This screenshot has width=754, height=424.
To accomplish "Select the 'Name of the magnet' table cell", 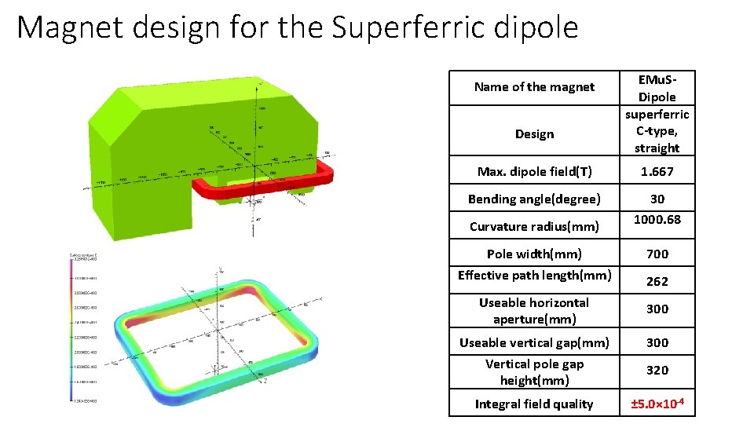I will [x=534, y=87].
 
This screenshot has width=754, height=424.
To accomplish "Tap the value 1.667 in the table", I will [x=657, y=172].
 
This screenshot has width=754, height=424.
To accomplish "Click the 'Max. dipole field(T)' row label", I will [x=534, y=172].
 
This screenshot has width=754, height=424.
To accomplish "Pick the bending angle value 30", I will [x=657, y=199].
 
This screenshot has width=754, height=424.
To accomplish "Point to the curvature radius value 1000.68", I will [x=657, y=220].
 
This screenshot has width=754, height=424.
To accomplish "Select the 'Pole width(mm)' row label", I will [x=534, y=254].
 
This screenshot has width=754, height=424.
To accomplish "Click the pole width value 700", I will [x=657, y=254].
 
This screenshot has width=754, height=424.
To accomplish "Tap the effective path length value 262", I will [x=657, y=280].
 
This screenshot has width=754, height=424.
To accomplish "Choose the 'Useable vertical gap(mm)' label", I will [x=534, y=342].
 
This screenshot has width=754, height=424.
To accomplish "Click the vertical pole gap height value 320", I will [x=657, y=370].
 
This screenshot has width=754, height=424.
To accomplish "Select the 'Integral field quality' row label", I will [x=534, y=404].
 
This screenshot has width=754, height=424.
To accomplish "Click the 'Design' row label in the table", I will [x=534, y=134].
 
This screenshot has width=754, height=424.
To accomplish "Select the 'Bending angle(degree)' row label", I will [x=534, y=199].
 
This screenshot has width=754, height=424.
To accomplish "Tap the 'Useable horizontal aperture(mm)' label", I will [x=534, y=311].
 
